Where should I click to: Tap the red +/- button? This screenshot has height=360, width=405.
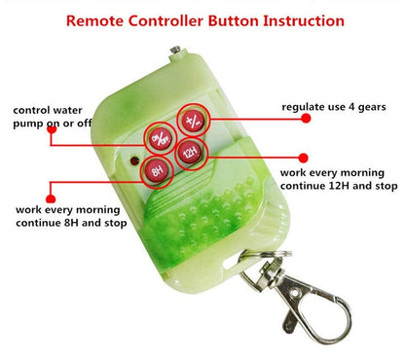pos(194,121)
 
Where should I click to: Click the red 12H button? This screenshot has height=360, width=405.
pos(191,152)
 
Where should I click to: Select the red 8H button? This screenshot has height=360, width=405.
pos(157,170)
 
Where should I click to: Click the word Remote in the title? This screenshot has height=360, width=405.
pos(94,20)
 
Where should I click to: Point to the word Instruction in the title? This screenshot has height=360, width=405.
pos(304,20)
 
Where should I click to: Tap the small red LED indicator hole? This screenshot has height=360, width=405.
pos(134,161)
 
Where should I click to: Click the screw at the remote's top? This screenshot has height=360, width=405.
pos(175,51)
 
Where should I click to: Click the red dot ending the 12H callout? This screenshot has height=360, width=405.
pos(303,158)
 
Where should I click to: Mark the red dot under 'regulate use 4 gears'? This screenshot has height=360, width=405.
pos(306,118)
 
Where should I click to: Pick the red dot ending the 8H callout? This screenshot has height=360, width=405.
pos(51,198)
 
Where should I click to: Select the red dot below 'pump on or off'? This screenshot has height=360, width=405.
pos(52,129)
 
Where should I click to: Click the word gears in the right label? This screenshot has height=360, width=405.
pos(372,108)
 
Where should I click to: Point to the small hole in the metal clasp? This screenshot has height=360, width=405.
pos(295,294)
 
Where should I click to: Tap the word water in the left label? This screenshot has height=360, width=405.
pos(67,110)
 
